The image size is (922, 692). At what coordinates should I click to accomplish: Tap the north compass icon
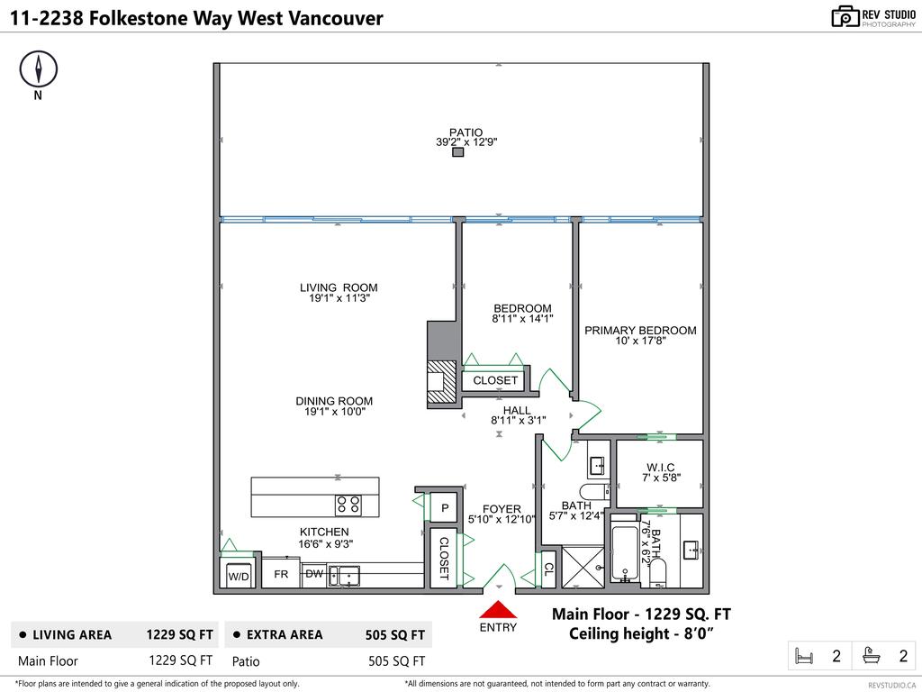click(38, 69)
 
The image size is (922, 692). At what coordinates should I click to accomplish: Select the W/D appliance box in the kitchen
click(238, 576)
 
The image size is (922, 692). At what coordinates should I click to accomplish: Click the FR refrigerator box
click(281, 574)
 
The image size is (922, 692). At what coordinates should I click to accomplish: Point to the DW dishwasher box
click(313, 574)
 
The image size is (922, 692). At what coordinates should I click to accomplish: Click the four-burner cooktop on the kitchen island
click(348, 505)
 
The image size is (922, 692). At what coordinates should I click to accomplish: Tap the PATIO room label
click(466, 132)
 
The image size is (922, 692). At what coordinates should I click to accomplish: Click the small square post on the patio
click(457, 152)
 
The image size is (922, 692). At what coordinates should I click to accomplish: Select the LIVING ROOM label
click(339, 288)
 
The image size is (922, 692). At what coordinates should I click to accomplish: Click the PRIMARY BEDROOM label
click(640, 331)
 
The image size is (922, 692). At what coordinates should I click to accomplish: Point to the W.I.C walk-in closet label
click(659, 467)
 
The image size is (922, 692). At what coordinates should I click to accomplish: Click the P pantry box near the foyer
click(445, 508)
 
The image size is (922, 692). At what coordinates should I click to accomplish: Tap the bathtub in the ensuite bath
click(624, 551)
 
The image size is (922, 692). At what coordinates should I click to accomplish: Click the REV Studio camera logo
click(845, 16)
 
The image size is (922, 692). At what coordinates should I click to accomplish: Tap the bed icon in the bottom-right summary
click(802, 656)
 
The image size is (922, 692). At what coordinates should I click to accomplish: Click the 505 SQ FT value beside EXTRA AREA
click(396, 634)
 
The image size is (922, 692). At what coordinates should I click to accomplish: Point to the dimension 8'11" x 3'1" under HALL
click(518, 420)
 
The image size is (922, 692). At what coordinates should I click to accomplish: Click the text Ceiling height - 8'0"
click(640, 633)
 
